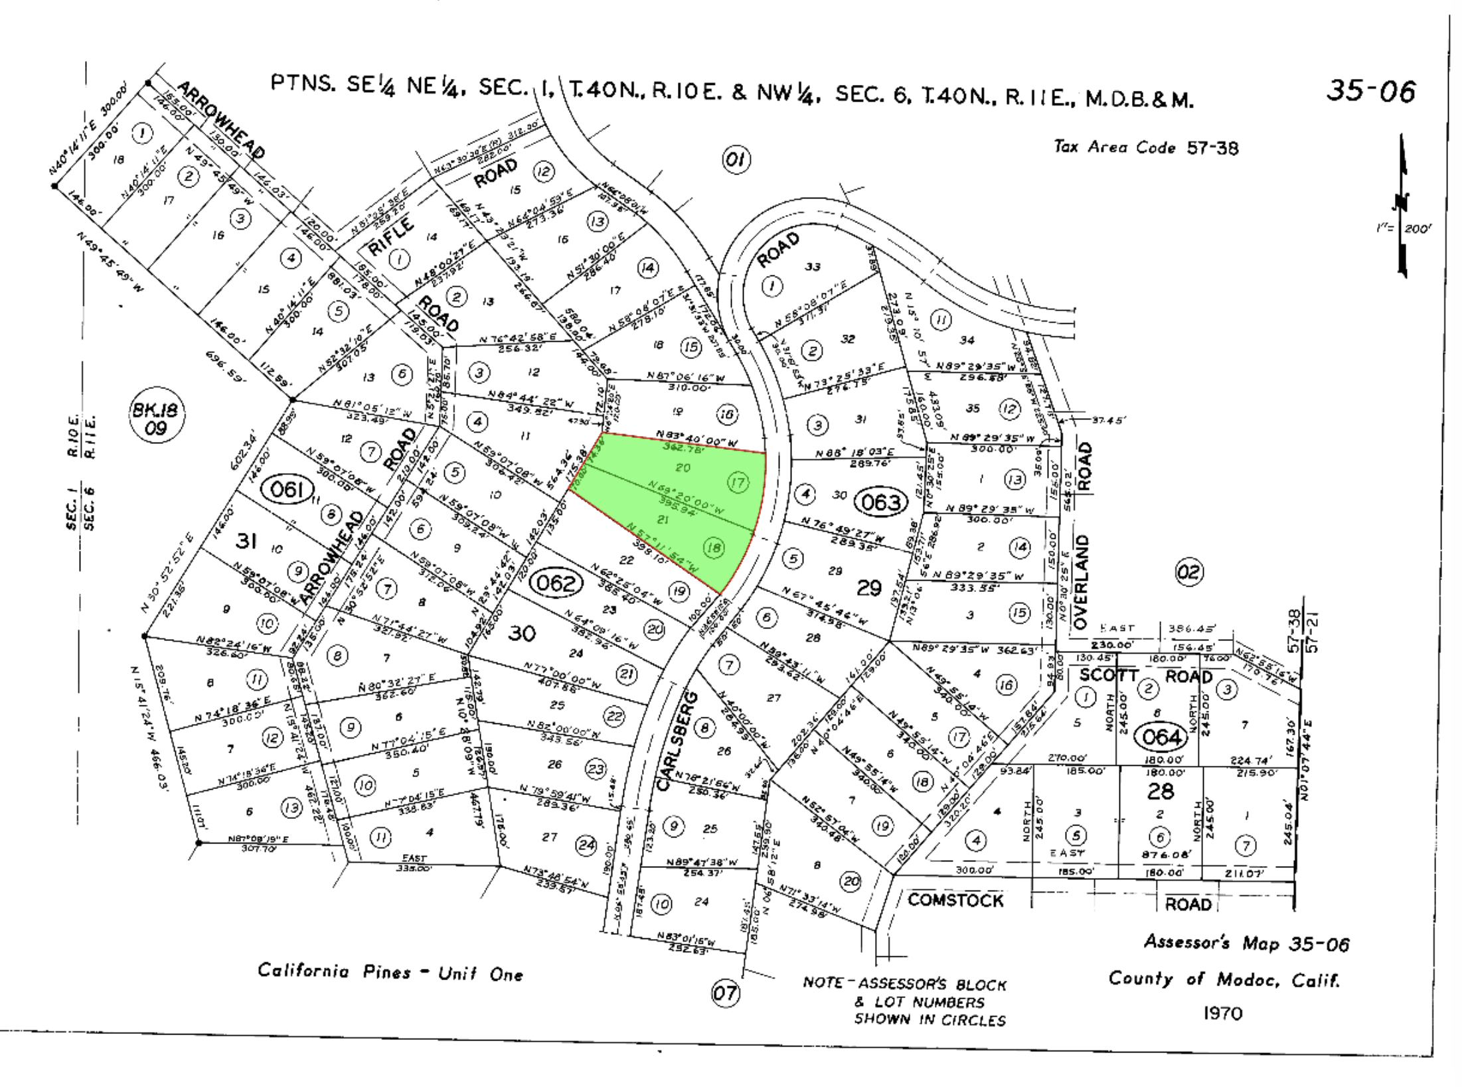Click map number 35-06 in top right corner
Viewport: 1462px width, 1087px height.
point(1371,92)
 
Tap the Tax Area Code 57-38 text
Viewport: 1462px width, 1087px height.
point(1146,147)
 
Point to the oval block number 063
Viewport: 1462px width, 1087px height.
point(880,502)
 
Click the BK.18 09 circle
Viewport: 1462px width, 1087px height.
point(155,419)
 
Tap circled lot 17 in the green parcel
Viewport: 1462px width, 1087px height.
point(738,482)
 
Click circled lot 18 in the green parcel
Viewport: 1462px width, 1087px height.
point(714,547)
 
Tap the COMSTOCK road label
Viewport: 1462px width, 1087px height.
point(955,900)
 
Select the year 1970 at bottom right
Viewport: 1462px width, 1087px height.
point(1222,1013)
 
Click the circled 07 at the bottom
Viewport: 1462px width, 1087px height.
point(724,993)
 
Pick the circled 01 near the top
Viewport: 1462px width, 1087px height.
point(736,160)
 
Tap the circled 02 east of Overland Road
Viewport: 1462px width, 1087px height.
point(1189,572)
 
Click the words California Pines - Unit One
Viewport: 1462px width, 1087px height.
point(390,973)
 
